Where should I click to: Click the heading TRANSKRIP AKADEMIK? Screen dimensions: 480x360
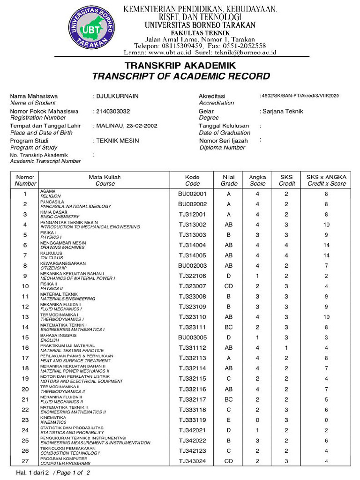180,66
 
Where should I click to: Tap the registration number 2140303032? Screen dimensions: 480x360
113,111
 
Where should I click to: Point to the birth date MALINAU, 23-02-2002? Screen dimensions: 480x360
127,126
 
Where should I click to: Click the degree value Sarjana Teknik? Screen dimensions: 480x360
283,111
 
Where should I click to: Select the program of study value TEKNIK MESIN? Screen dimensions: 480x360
118,141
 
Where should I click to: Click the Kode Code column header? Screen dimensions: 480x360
192,180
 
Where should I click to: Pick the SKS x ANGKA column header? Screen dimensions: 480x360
326,180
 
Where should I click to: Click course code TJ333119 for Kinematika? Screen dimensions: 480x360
192,420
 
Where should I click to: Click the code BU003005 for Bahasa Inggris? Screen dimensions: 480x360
192,337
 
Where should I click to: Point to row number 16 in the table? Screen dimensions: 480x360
25,348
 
